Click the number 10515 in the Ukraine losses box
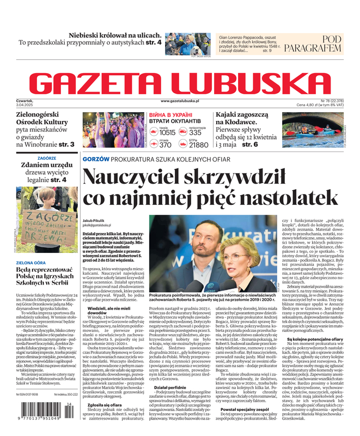click(x=167, y=132)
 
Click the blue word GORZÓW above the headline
click(x=95, y=159)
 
